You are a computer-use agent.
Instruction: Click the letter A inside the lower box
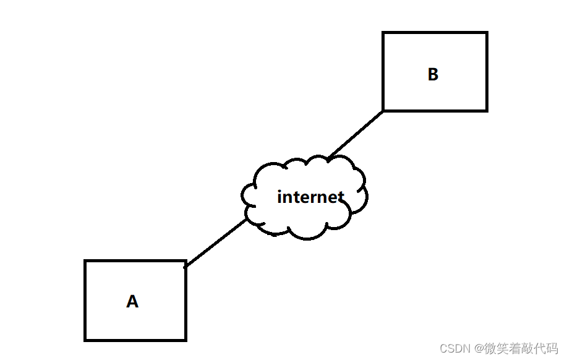click(x=132, y=302)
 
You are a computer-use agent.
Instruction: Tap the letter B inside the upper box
click(x=433, y=74)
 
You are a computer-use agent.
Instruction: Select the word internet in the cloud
click(x=310, y=197)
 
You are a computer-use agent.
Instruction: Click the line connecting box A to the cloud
click(x=216, y=243)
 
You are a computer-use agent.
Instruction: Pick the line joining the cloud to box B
click(x=356, y=134)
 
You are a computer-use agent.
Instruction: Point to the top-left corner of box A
click(x=85, y=261)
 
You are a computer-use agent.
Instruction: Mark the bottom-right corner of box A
click(x=185, y=340)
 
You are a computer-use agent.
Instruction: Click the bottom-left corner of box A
click(x=85, y=340)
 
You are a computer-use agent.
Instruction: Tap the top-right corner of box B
click(x=487, y=33)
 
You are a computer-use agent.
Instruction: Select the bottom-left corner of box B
click(x=383, y=110)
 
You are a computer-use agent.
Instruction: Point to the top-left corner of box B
click(x=383, y=33)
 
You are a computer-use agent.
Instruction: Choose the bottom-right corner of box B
click(x=487, y=110)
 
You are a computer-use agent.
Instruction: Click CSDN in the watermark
click(x=453, y=349)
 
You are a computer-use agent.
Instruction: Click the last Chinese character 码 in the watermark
click(x=552, y=349)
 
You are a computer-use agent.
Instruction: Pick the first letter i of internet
click(x=280, y=197)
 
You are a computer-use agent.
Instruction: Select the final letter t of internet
click(x=340, y=197)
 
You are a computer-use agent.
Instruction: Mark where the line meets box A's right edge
click(x=185, y=267)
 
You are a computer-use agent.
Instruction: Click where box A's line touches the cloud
click(x=247, y=220)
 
